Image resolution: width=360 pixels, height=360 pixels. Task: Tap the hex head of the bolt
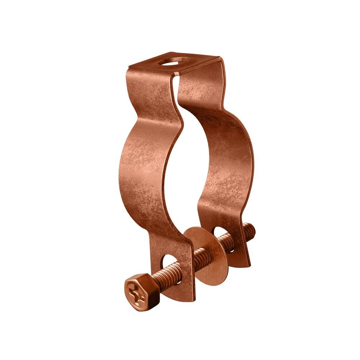pyautogui.click(x=136, y=289)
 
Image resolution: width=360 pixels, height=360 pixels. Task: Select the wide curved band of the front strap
pyautogui.click(x=144, y=169)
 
